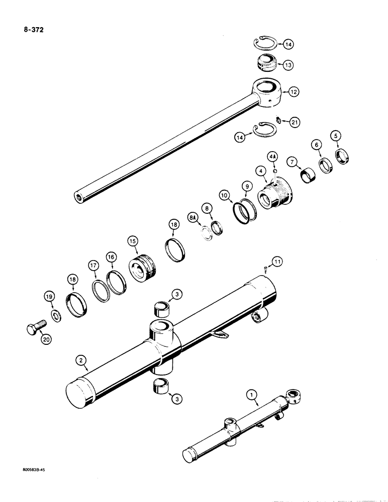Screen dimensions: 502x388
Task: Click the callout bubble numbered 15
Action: pos(133,241)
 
